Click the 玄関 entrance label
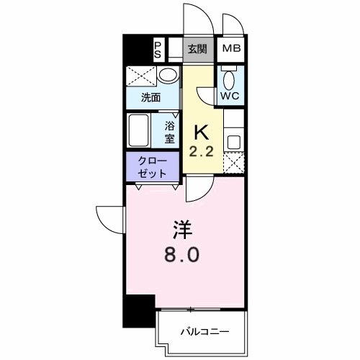point(197,49)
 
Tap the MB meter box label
point(231,48)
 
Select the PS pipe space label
point(158,50)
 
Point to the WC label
point(230,96)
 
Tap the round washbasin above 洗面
point(168,75)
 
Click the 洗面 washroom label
point(150,98)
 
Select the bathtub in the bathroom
point(138,130)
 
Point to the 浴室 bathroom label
point(169,132)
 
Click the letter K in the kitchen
point(201,133)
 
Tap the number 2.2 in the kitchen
point(201,152)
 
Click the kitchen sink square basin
point(234,142)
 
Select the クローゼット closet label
point(152,167)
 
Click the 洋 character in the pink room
point(182,230)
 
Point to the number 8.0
point(181,255)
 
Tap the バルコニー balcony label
point(204,332)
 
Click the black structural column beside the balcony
point(139,311)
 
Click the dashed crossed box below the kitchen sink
point(234,162)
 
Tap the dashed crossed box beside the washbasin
point(141,76)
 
